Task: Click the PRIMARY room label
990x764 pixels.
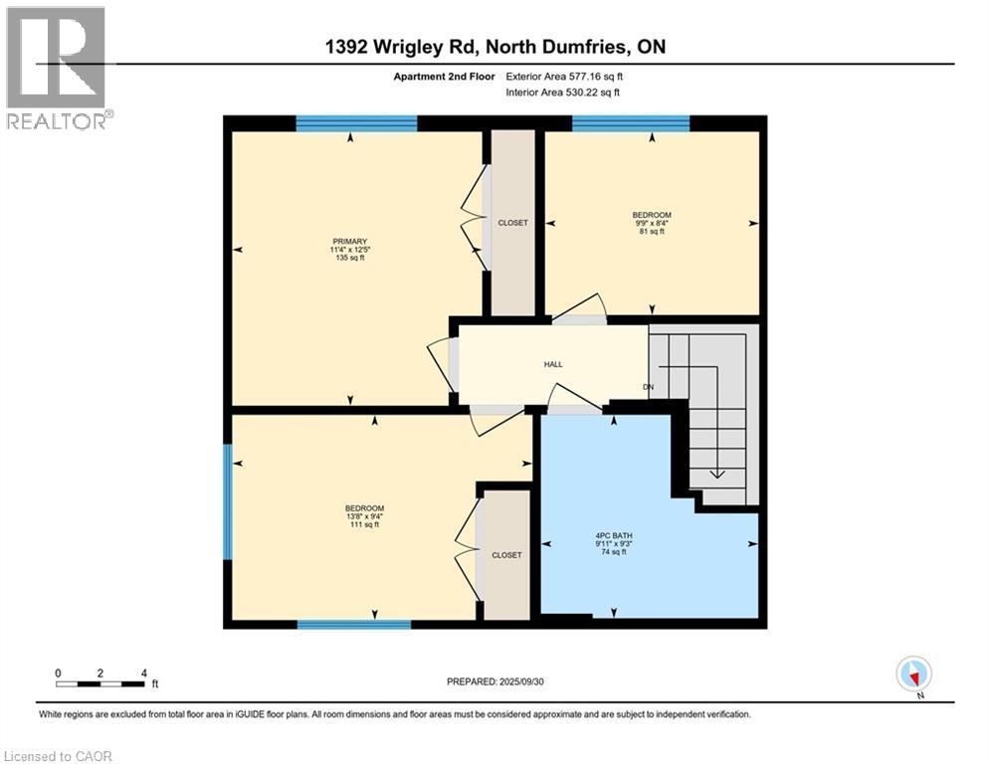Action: pyautogui.click(x=350, y=241)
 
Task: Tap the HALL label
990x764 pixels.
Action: pyautogui.click(x=553, y=364)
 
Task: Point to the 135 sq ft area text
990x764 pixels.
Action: pyautogui.click(x=350, y=259)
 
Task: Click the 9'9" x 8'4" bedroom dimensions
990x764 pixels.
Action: pyautogui.click(x=652, y=224)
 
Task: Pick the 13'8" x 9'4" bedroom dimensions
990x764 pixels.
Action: pyautogui.click(x=364, y=516)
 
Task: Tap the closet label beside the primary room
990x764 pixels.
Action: pyautogui.click(x=512, y=223)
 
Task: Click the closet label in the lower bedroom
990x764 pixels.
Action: pyautogui.click(x=506, y=555)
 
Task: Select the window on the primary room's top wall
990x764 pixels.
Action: pyautogui.click(x=356, y=123)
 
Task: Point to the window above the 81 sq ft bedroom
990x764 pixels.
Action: pyautogui.click(x=631, y=123)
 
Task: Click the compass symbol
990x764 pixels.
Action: pyautogui.click(x=912, y=673)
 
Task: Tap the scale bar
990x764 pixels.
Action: pyautogui.click(x=100, y=682)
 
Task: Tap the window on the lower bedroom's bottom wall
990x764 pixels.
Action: pyautogui.click(x=354, y=625)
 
